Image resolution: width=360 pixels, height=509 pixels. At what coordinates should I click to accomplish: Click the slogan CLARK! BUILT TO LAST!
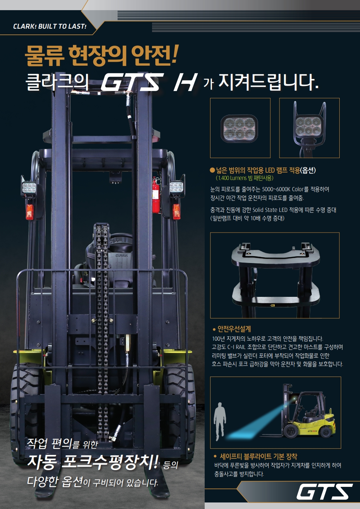click(50, 26)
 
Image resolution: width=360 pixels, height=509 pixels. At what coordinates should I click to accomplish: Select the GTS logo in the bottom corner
click(324, 491)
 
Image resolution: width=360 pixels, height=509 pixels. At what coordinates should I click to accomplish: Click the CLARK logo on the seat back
click(122, 255)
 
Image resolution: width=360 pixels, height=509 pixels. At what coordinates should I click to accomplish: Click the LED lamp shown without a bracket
click(239, 129)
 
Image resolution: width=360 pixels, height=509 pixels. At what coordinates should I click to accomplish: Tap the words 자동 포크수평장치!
click(93, 463)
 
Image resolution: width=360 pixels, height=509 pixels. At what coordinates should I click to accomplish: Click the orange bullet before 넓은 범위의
click(212, 170)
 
